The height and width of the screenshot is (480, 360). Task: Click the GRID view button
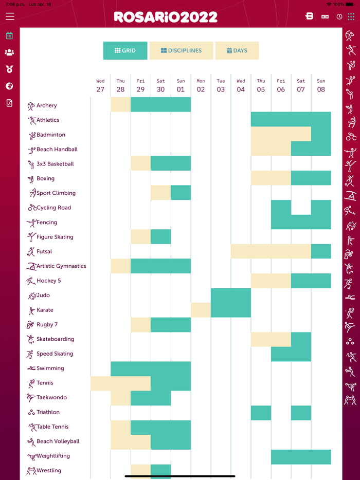[125, 51]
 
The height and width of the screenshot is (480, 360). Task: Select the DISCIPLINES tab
[181, 51]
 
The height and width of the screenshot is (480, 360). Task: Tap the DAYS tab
[237, 51]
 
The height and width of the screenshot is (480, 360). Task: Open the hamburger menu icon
[10, 16]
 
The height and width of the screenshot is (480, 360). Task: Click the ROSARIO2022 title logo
[166, 17]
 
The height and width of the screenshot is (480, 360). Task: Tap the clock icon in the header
[339, 16]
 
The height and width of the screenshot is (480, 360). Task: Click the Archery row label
[46, 106]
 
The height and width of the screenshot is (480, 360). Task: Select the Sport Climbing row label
[56, 193]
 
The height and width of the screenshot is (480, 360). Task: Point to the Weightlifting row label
[53, 456]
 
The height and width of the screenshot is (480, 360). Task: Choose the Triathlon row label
[48, 412]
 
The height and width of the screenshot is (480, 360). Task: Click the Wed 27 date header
[100, 85]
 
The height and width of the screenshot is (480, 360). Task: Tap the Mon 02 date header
[201, 85]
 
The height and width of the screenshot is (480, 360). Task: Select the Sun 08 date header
[321, 85]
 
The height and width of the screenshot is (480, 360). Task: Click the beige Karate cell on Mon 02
[201, 310]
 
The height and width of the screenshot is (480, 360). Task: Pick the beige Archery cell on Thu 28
[121, 105]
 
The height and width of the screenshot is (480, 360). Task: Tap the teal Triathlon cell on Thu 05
[261, 413]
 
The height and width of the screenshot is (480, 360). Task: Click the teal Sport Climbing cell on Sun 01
[181, 193]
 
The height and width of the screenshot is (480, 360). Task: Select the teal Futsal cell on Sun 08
[321, 251]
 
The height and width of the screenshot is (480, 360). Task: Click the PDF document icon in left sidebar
[9, 103]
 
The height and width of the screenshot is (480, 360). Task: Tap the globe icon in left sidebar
[9, 86]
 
